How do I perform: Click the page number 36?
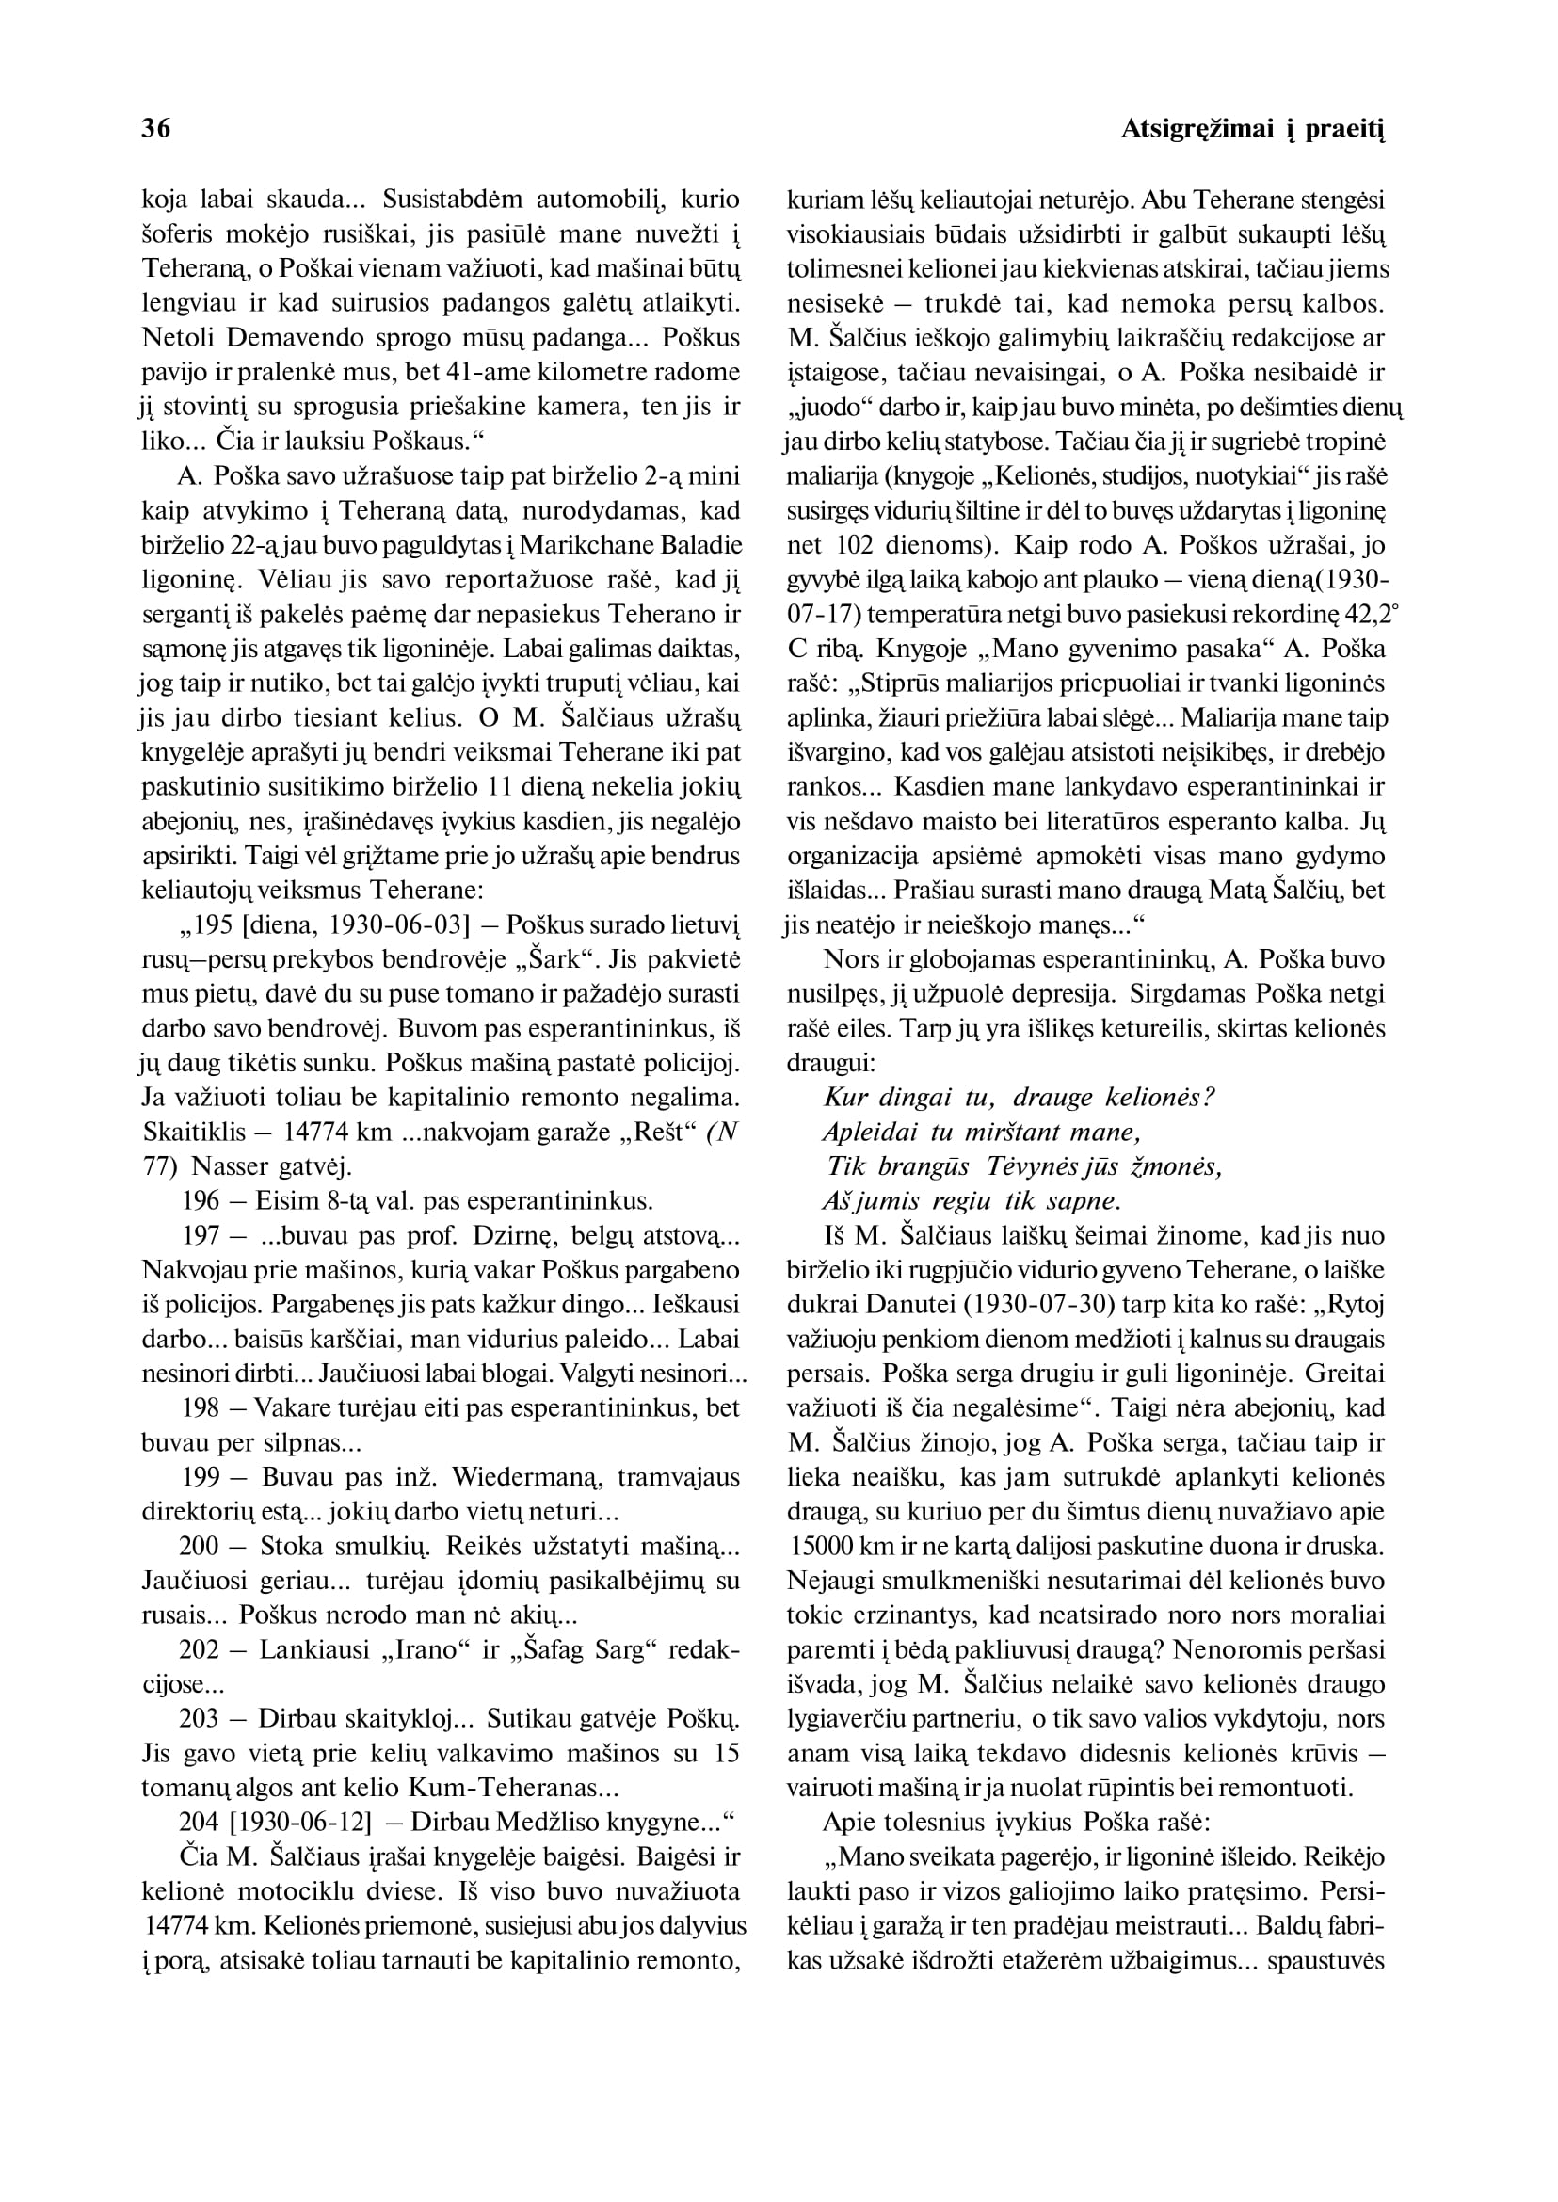[156, 129]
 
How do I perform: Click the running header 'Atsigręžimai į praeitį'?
[1253, 129]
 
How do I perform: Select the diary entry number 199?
[203, 1478]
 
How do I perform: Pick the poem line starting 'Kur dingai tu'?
[1020, 1098]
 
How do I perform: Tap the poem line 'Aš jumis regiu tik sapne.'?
[972, 1201]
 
